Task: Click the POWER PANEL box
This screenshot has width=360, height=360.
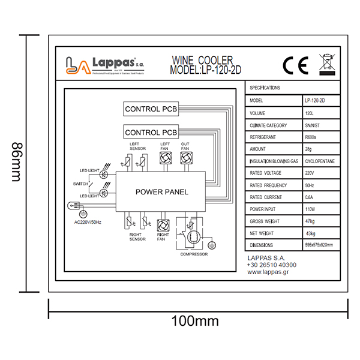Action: click(x=161, y=192)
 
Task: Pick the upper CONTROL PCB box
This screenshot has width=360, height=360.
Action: click(x=151, y=109)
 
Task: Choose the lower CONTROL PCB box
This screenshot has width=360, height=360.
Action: click(x=151, y=131)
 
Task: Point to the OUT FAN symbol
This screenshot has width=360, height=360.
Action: click(x=185, y=158)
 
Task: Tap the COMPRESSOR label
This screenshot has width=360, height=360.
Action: click(x=193, y=254)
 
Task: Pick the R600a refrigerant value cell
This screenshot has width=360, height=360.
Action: click(x=312, y=137)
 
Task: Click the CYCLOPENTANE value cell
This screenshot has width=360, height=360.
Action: click(x=318, y=161)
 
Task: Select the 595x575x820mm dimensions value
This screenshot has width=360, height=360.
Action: click(x=318, y=245)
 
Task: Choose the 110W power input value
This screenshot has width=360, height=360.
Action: click(x=311, y=209)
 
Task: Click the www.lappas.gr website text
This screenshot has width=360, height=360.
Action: click(x=270, y=272)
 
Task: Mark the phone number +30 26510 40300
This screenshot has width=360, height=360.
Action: click(x=272, y=265)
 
